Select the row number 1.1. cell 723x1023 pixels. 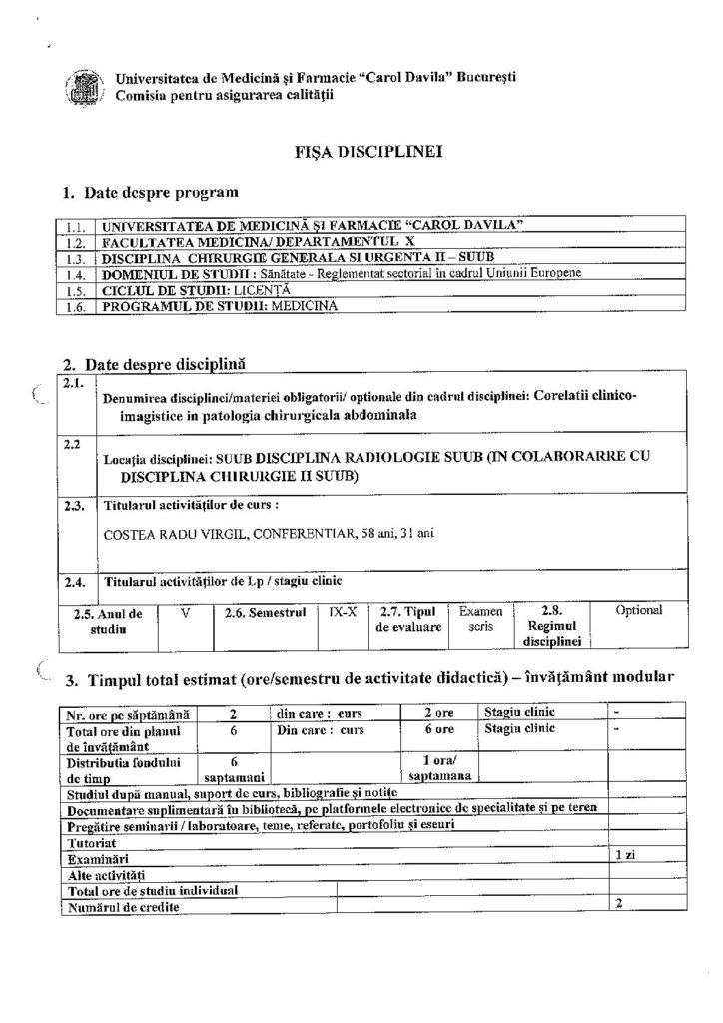[71, 226]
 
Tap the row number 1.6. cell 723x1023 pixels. [71, 305]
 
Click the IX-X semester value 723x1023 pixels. [341, 609]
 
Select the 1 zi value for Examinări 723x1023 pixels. [624, 857]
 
